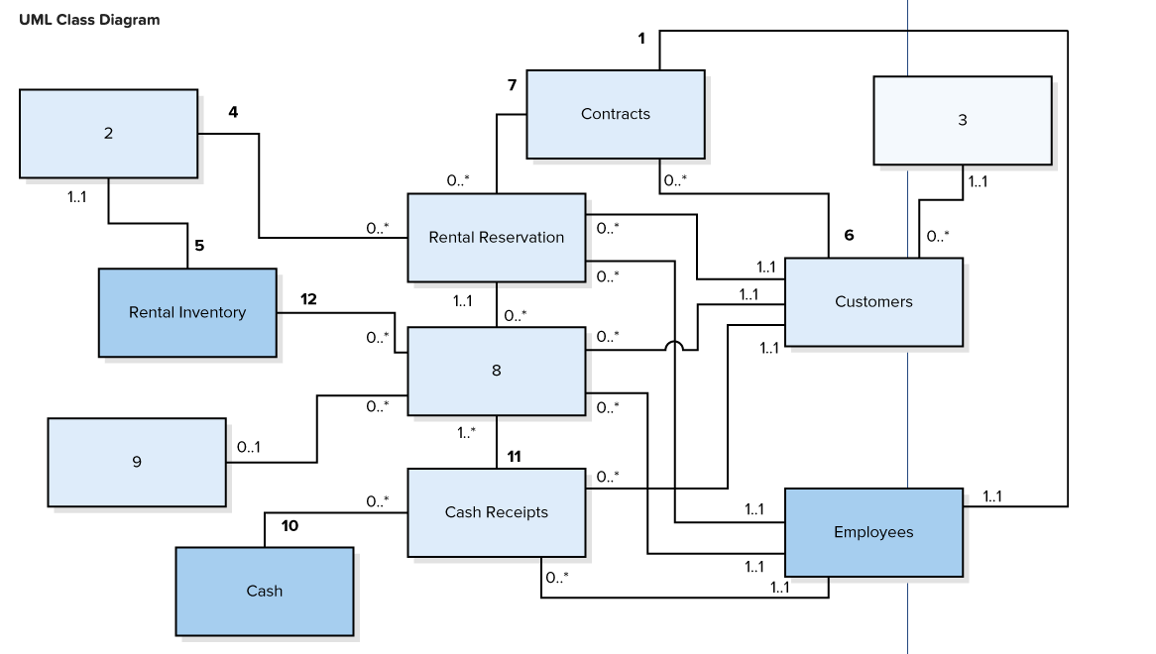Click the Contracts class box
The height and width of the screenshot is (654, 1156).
click(x=615, y=114)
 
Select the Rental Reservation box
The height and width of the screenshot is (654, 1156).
click(x=496, y=237)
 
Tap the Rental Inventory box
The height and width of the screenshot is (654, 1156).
click(x=186, y=312)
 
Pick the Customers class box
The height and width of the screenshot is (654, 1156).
click(x=872, y=301)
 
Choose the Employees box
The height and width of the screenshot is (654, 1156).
click(x=872, y=532)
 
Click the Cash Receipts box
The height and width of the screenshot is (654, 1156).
click(x=496, y=512)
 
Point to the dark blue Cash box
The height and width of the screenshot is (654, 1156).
click(x=264, y=591)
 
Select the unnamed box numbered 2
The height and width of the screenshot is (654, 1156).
click(x=108, y=133)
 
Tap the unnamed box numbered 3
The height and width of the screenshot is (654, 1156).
click(x=962, y=120)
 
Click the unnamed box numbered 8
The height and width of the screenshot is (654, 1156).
click(x=496, y=371)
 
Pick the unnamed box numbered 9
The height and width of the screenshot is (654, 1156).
click(x=136, y=461)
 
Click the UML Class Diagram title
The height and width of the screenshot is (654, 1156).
click(x=88, y=20)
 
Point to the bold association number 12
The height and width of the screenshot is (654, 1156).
click(x=308, y=298)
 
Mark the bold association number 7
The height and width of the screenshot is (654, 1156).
click(x=512, y=85)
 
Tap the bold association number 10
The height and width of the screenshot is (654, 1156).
click(x=289, y=526)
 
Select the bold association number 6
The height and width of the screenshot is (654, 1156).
click(x=848, y=235)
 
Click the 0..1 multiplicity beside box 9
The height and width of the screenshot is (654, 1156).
click(x=249, y=447)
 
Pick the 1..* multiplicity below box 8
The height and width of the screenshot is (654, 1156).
click(x=466, y=433)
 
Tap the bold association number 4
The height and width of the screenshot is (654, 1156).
click(x=233, y=112)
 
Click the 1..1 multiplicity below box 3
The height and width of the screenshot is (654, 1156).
click(x=978, y=182)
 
